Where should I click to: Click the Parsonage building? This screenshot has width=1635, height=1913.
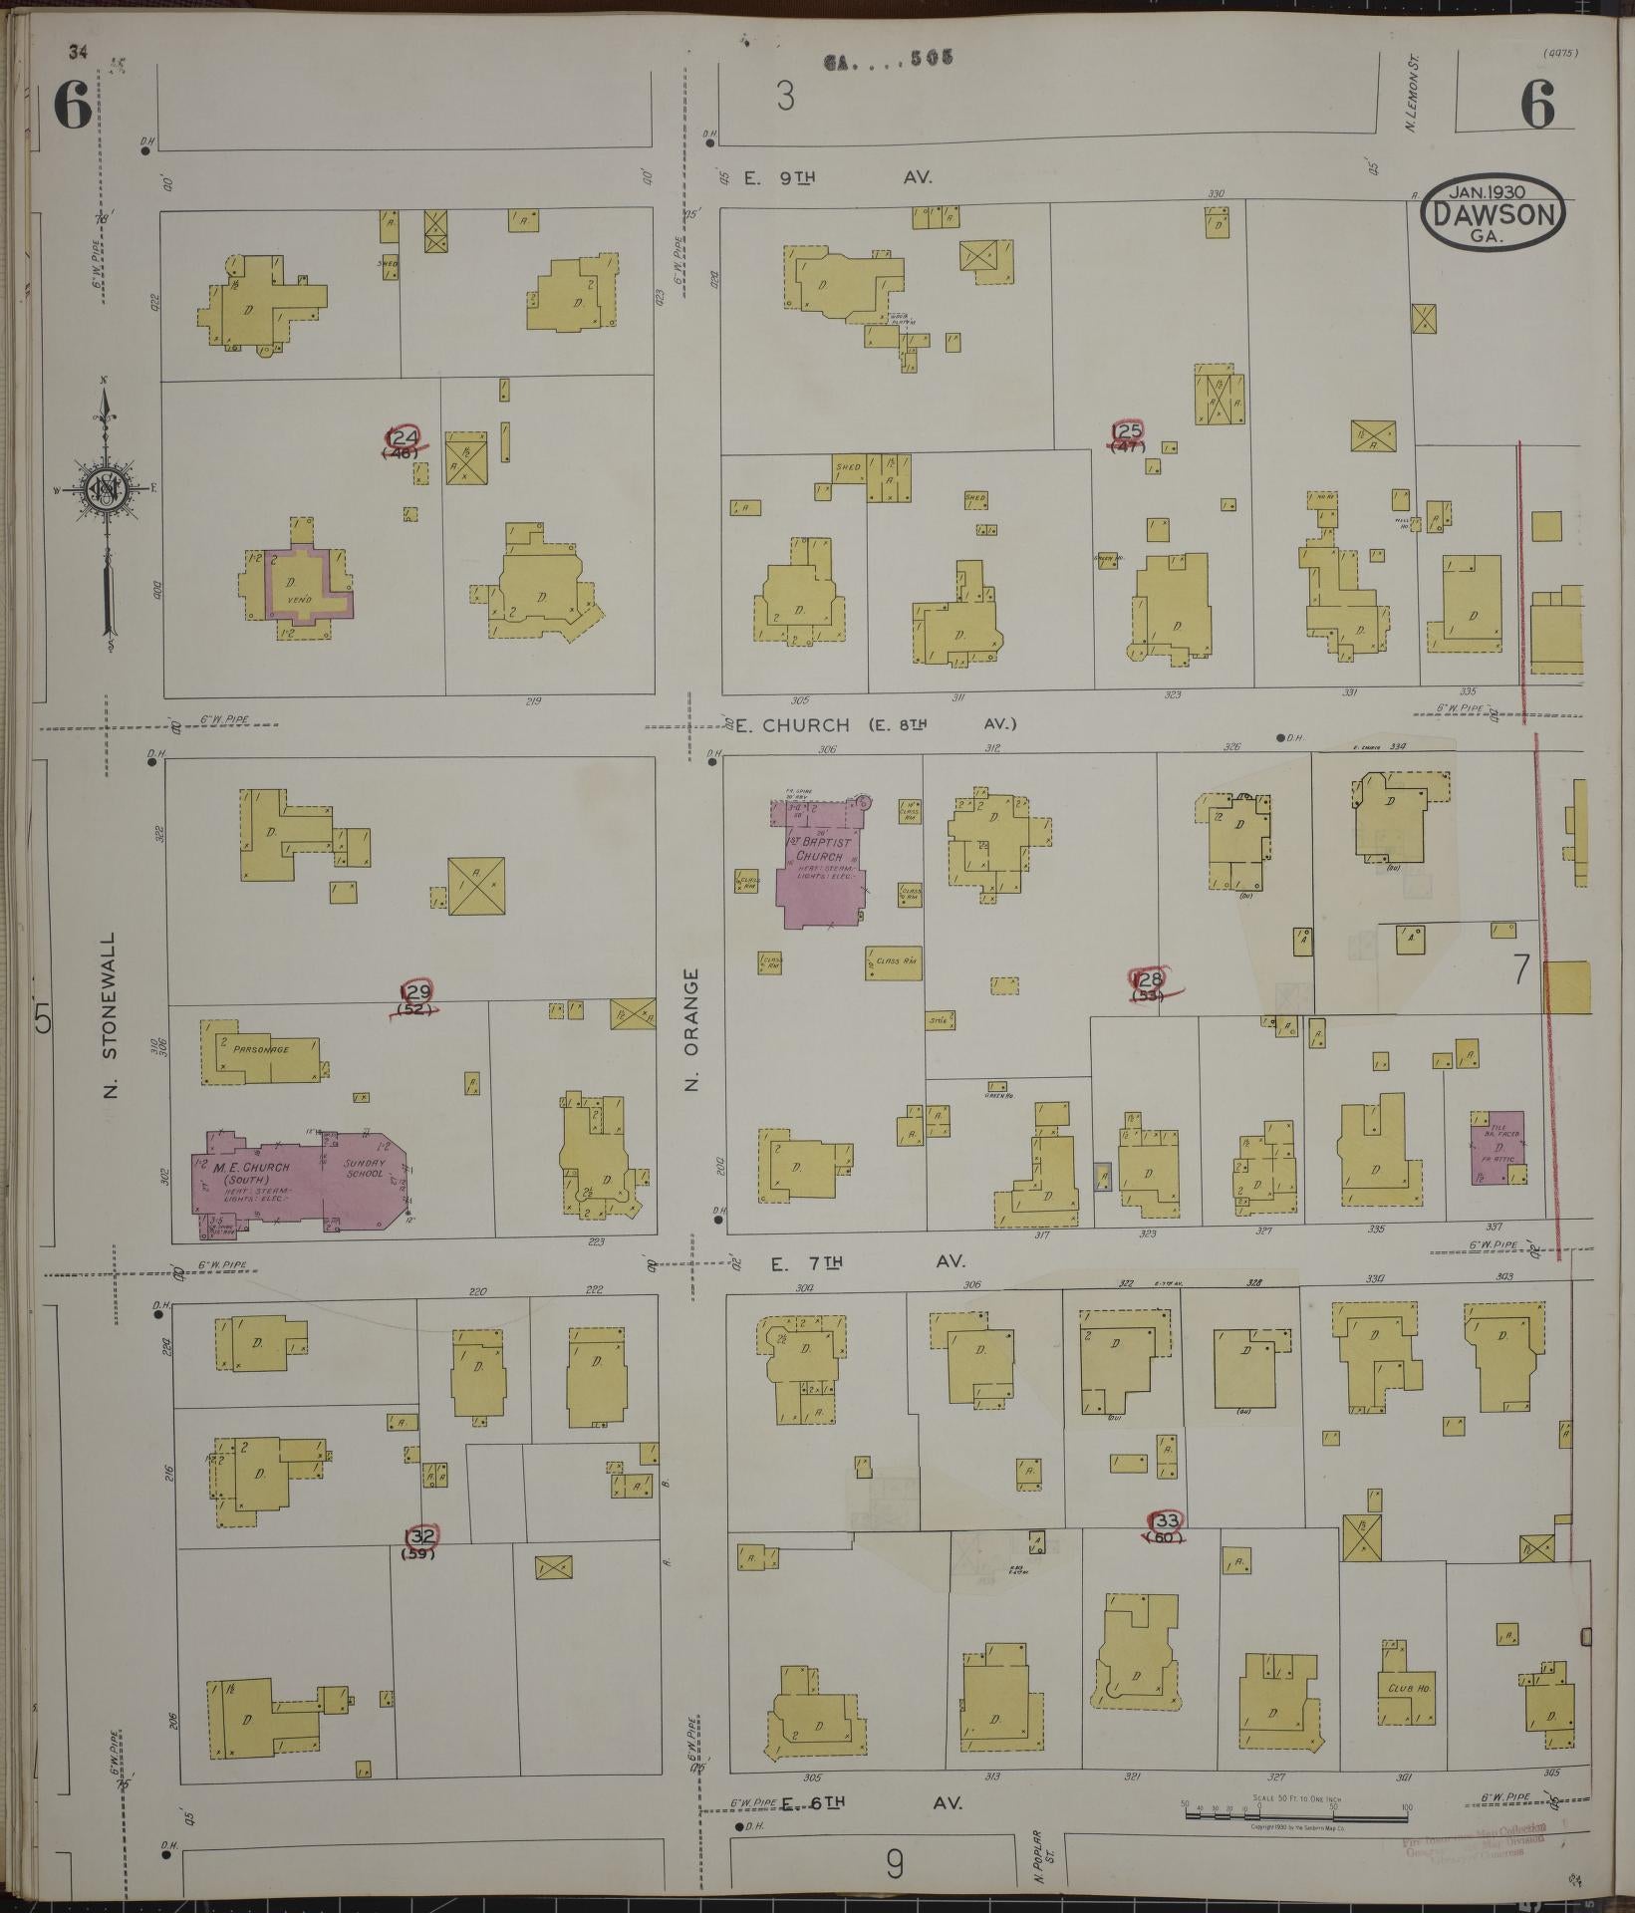[x=261, y=1052]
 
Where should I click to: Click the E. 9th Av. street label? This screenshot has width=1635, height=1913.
[x=837, y=177]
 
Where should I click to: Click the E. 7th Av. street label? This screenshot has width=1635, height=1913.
[x=869, y=1262]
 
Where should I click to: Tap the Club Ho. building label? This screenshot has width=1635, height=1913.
[x=1408, y=1690]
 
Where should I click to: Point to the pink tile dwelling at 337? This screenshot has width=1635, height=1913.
[x=1498, y=1147]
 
